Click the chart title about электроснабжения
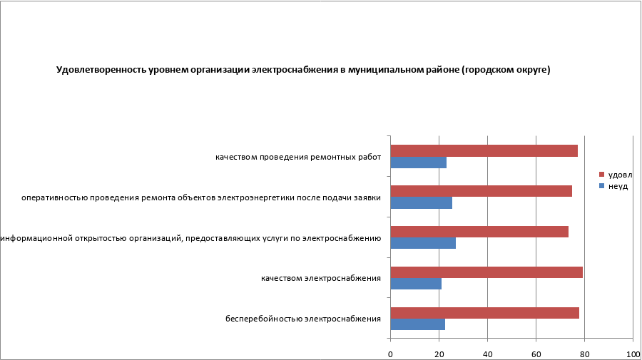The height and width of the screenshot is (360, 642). pyautogui.click(x=303, y=70)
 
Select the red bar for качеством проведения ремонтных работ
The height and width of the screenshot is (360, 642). pyautogui.click(x=484, y=150)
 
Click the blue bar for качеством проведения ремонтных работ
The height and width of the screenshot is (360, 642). pyautogui.click(x=418, y=163)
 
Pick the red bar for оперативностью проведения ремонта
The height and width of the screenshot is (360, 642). pyautogui.click(x=481, y=191)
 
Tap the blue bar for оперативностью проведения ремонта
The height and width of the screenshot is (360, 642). pyautogui.click(x=421, y=203)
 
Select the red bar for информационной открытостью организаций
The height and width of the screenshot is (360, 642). pyautogui.click(x=479, y=232)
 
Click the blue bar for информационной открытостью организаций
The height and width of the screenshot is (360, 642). pyautogui.click(x=423, y=244)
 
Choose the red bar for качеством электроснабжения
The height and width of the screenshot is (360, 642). pyautogui.click(x=486, y=272)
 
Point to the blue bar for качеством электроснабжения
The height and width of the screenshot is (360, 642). pyautogui.click(x=416, y=284)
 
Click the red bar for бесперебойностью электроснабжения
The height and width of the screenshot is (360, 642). pyautogui.click(x=484, y=313)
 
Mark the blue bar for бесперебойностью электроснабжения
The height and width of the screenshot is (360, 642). pyautogui.click(x=417, y=324)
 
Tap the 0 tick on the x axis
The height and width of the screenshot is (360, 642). pyautogui.click(x=391, y=354)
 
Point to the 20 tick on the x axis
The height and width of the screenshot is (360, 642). pyautogui.click(x=439, y=354)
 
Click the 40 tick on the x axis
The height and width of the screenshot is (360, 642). pyautogui.click(x=488, y=354)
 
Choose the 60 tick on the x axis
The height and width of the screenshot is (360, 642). pyautogui.click(x=536, y=354)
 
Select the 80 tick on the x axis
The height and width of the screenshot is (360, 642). pyautogui.click(x=584, y=354)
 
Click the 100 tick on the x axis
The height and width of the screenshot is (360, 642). pyautogui.click(x=632, y=354)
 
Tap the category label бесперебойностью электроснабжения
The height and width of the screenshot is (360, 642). pyautogui.click(x=302, y=319)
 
